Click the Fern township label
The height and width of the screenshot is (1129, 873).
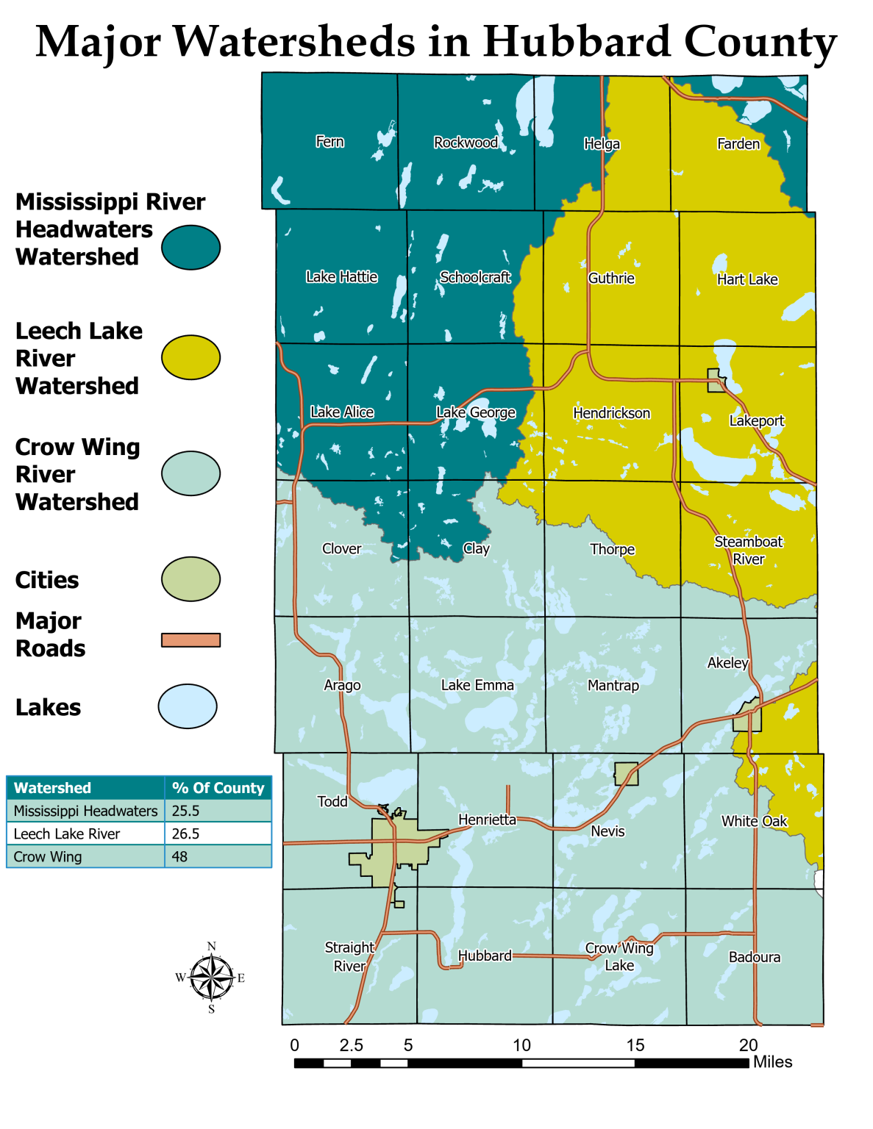329,142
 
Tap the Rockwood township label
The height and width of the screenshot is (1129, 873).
466,143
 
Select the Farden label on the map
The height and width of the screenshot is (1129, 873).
738,144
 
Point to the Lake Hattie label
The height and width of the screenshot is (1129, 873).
341,277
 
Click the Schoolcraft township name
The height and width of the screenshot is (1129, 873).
475,277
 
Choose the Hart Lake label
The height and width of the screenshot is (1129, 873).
747,279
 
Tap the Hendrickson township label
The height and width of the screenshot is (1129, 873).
611,413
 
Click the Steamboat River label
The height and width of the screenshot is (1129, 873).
749,551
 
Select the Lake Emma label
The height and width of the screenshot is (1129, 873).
477,685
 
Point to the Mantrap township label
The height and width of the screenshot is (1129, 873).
613,686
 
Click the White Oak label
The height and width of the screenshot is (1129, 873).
754,821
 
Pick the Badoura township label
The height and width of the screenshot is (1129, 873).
754,957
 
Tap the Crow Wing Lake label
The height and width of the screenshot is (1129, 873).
619,957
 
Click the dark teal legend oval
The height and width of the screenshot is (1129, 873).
190,247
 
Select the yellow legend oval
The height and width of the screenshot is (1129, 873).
190,357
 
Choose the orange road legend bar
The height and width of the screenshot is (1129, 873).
190,640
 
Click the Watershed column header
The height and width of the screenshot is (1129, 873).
52,788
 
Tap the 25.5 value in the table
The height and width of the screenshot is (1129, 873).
185,811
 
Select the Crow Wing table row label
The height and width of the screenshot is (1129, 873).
48,857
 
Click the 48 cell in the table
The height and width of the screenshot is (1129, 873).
179,857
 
